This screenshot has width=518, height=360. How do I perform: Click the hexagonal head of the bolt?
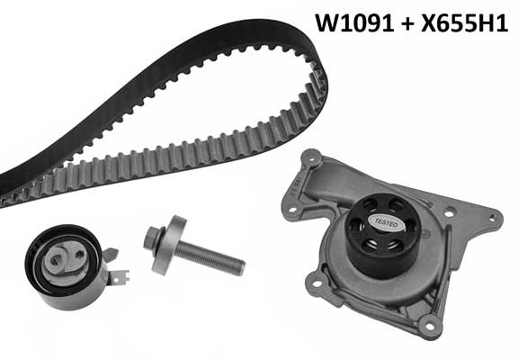click(153, 238)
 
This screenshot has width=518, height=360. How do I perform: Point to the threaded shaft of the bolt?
click(210, 257)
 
